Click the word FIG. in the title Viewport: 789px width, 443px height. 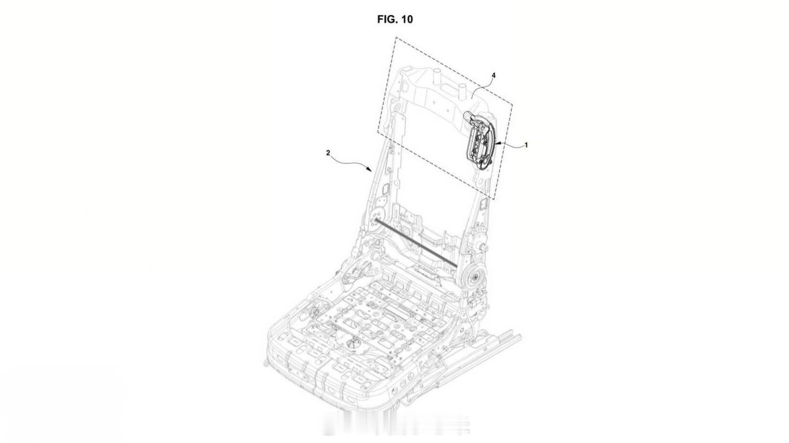[387, 19]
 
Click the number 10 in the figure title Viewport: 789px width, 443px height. [407, 19]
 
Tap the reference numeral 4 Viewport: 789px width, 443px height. [494, 76]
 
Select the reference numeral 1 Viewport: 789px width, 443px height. [526, 145]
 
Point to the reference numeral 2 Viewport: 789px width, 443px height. [328, 153]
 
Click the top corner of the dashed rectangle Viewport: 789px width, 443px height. [396, 37]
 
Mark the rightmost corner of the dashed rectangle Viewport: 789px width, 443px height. [512, 104]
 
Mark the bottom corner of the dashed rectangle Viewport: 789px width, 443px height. [494, 200]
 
